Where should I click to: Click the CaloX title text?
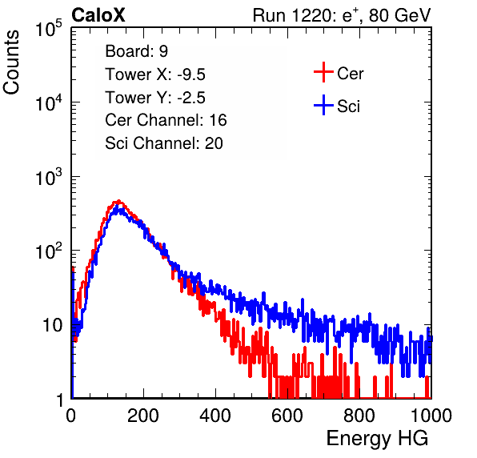pyautogui.click(x=98, y=15)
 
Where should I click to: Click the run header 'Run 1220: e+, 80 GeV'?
pyautogui.click(x=342, y=15)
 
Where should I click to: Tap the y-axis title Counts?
pyautogui.click(x=11, y=62)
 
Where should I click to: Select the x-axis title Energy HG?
pyautogui.click(x=377, y=439)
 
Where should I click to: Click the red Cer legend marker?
pyautogui.click(x=323, y=72)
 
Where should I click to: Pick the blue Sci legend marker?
pyautogui.click(x=323, y=105)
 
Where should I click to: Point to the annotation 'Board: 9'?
pyautogui.click(x=136, y=51)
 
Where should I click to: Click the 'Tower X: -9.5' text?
pyautogui.click(x=155, y=74)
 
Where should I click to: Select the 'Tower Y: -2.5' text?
pyautogui.click(x=155, y=98)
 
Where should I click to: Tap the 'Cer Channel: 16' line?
pyautogui.click(x=166, y=120)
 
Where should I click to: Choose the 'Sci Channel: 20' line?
pyautogui.click(x=164, y=143)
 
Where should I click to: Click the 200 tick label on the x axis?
pyautogui.click(x=143, y=416)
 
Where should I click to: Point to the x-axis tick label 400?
pyautogui.click(x=215, y=416)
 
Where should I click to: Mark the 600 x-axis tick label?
pyautogui.click(x=287, y=416)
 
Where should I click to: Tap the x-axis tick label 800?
pyautogui.click(x=359, y=416)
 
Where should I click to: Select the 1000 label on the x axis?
pyautogui.click(x=431, y=416)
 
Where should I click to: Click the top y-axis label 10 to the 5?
pyautogui.click(x=49, y=29)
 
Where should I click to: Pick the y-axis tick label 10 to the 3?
pyautogui.click(x=49, y=177)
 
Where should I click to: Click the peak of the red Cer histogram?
pyautogui.click(x=118, y=201)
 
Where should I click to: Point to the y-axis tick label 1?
pyautogui.click(x=60, y=400)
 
